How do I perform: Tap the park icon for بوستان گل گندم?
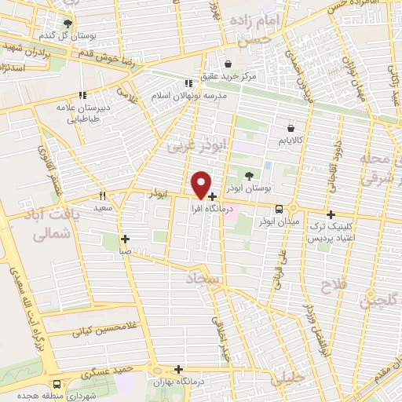click(x=68, y=24)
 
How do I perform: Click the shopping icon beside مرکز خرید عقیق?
click(x=228, y=64)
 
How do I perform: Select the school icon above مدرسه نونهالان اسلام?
click(x=188, y=82)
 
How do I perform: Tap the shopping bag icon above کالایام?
click(x=291, y=125)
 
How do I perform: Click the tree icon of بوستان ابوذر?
click(x=250, y=175)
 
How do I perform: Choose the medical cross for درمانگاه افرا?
click(x=213, y=196)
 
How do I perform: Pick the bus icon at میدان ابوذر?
click(x=280, y=208)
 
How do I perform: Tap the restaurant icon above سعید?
click(x=102, y=196)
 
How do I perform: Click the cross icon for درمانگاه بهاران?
click(x=180, y=368)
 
